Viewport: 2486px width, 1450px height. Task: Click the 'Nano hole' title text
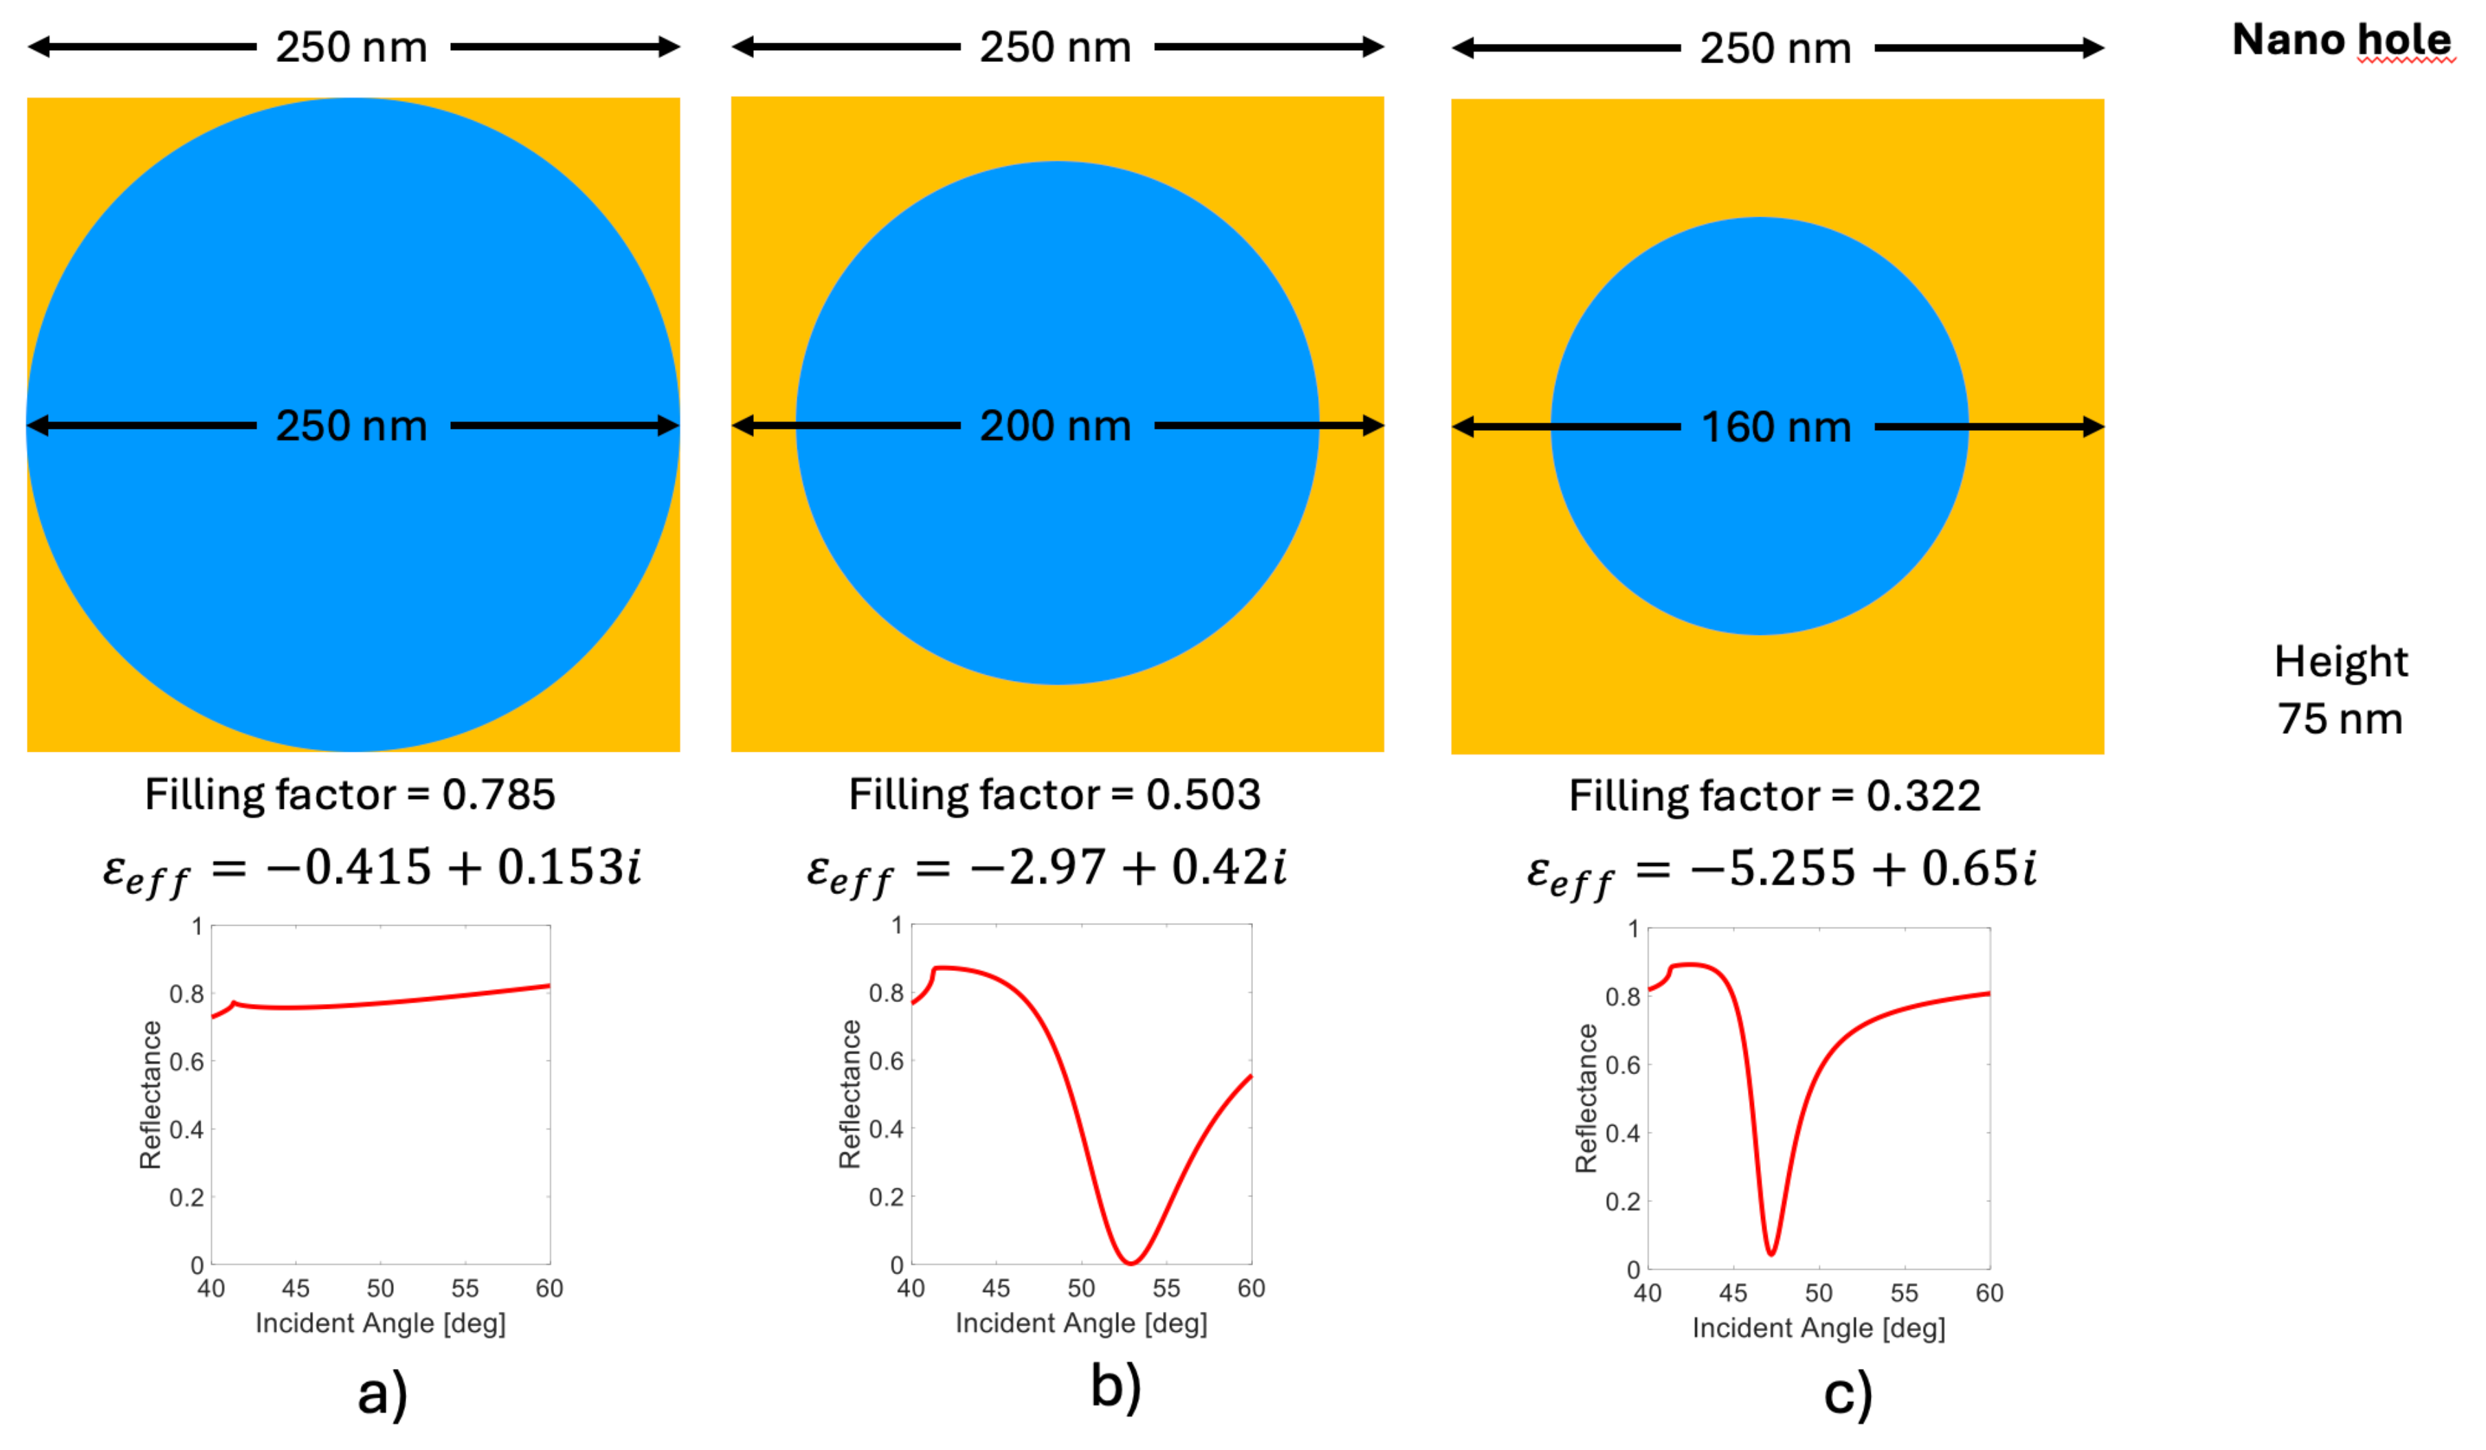tap(2341, 39)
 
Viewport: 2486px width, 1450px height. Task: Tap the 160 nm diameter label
tap(1776, 427)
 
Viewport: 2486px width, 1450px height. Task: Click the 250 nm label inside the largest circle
tap(351, 426)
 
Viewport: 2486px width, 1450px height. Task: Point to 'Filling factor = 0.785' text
tap(351, 794)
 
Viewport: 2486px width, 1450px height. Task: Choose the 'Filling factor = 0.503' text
tap(1054, 794)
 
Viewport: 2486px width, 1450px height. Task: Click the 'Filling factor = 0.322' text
tap(1775, 795)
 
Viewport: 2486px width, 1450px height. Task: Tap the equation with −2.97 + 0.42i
tap(1047, 870)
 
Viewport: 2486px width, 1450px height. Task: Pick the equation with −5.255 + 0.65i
tap(1782, 871)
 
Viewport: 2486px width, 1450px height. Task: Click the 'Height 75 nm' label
tap(2340, 689)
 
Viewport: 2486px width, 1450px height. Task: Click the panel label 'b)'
tap(1116, 1386)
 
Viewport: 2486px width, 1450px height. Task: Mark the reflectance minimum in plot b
tap(1131, 1262)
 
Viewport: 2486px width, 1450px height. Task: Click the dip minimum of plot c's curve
tap(1772, 1253)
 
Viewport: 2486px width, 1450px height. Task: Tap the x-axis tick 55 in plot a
tap(465, 1289)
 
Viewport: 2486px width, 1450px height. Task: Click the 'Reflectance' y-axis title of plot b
tap(848, 1094)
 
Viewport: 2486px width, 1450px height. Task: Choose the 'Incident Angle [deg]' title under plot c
tap(1818, 1328)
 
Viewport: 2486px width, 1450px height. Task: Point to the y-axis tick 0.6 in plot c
tap(1623, 1065)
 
